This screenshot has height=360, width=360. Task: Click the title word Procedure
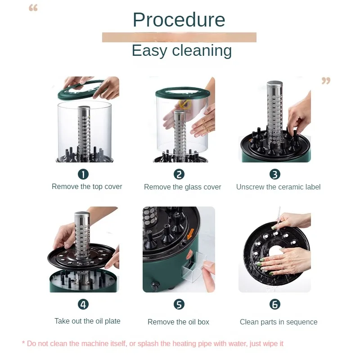[179, 20]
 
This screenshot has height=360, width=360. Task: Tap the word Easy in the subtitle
[149, 51]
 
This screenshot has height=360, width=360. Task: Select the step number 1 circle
[83, 174]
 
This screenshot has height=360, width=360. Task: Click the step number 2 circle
[179, 174]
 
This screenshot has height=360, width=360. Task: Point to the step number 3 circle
[275, 174]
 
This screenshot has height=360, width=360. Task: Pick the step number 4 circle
[83, 305]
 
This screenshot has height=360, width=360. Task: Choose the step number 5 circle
[179, 305]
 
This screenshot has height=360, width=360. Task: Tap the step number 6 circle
[275, 305]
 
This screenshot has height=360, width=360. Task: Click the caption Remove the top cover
[87, 187]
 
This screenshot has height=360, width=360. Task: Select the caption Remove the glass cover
[183, 187]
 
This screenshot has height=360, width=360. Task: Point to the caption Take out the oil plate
[87, 321]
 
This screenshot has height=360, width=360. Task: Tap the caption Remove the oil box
[178, 322]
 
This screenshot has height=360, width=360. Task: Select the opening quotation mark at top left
[33, 8]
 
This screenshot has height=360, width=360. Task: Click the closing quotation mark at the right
[326, 81]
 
